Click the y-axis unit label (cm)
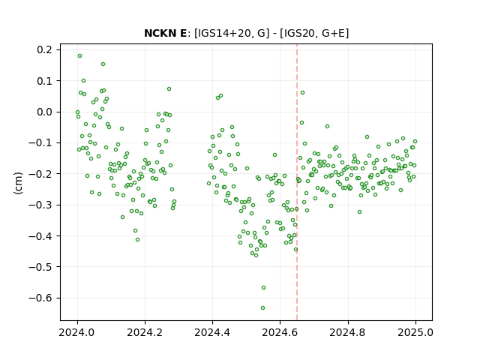click(x=18, y=183)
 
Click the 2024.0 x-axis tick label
click(x=77, y=332)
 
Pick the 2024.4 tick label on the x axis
click(x=212, y=332)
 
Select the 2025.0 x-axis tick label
click(x=415, y=332)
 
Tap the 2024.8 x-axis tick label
click(x=348, y=332)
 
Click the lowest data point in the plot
click(x=262, y=307)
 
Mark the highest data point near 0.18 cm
click(x=80, y=56)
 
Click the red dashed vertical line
click(x=297, y=182)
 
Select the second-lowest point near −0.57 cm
click(x=263, y=287)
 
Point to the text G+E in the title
click(x=330, y=33)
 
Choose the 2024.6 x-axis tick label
click(x=280, y=332)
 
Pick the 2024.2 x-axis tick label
click(x=145, y=332)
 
